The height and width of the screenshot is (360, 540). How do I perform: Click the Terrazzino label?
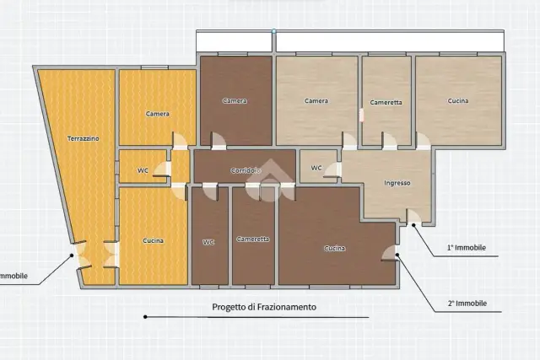[x=83, y=139]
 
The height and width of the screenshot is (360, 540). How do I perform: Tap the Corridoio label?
[x=246, y=170]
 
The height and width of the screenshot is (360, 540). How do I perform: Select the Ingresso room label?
[x=397, y=183]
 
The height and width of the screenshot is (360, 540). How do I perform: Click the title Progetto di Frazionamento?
[x=264, y=307]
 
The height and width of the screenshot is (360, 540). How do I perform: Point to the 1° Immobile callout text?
[x=467, y=248]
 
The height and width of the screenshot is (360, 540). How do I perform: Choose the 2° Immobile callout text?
[x=467, y=304]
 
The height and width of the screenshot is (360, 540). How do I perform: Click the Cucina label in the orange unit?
[x=154, y=240]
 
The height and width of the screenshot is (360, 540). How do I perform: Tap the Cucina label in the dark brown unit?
[x=334, y=248]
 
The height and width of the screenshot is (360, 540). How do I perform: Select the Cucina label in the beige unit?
[x=458, y=101]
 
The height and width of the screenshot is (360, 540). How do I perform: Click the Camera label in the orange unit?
[x=158, y=114]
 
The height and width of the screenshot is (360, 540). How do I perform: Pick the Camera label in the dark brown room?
[x=235, y=101]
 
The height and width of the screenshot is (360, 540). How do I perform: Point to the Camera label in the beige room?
[x=316, y=101]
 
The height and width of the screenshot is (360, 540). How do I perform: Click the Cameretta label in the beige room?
[x=386, y=102]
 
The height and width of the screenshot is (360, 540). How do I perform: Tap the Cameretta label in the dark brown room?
[x=253, y=239]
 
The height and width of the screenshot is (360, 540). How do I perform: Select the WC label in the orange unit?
[x=143, y=170]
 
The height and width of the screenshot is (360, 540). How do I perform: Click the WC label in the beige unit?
[x=316, y=168]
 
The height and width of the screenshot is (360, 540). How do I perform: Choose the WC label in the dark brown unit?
[x=208, y=242]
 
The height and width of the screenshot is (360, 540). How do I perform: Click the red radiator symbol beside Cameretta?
[x=362, y=115]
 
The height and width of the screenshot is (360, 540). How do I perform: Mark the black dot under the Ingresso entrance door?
[x=413, y=225]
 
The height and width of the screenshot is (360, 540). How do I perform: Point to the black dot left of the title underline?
[x=145, y=317]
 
